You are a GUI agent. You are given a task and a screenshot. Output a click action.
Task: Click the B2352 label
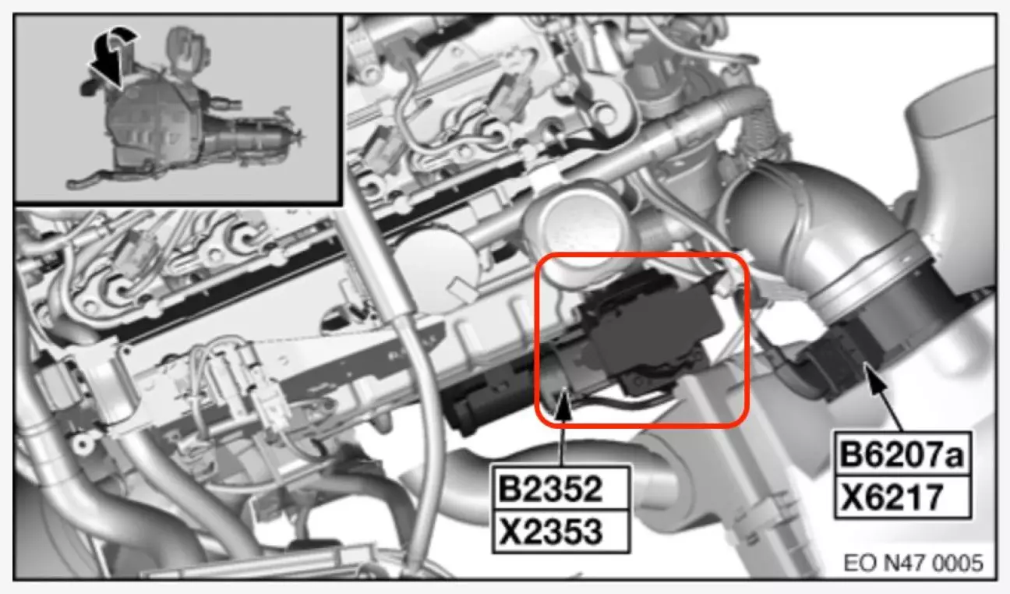(550, 489)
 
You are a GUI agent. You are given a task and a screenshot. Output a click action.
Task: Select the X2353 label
(551, 532)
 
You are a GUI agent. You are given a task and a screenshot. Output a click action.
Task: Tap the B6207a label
(902, 454)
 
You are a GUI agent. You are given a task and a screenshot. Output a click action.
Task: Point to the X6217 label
(892, 496)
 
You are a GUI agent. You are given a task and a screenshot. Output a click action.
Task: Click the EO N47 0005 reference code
(913, 563)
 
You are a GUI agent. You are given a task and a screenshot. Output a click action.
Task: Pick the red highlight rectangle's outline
(535, 339)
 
